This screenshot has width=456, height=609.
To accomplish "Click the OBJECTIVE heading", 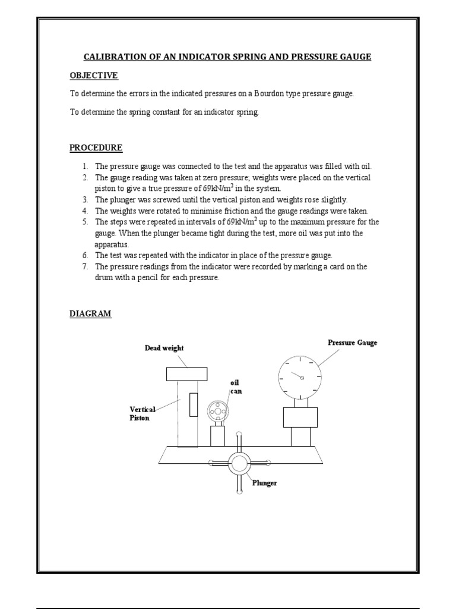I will point(94,76).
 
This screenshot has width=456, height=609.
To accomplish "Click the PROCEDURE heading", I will point(96,147).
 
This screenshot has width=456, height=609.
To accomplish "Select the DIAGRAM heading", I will point(90,313).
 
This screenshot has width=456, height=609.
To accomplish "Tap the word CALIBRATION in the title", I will point(114,56).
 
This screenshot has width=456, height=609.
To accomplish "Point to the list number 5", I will point(85,222).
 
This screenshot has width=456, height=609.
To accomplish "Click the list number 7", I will point(85,266).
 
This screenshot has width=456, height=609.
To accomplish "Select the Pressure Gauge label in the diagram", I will point(352,343).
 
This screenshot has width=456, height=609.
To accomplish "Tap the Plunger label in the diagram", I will point(264,483).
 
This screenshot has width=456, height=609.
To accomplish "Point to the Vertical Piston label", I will point(142,413).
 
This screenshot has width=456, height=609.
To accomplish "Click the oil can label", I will point(236,387).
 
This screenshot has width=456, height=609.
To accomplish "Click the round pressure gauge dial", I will point(300,376).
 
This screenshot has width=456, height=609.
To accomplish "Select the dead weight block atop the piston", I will point(186,373).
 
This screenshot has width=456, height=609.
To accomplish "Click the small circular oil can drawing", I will point(218,411).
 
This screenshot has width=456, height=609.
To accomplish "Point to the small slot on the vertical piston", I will point(193,404).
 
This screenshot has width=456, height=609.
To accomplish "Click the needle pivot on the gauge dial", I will point(302,377).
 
